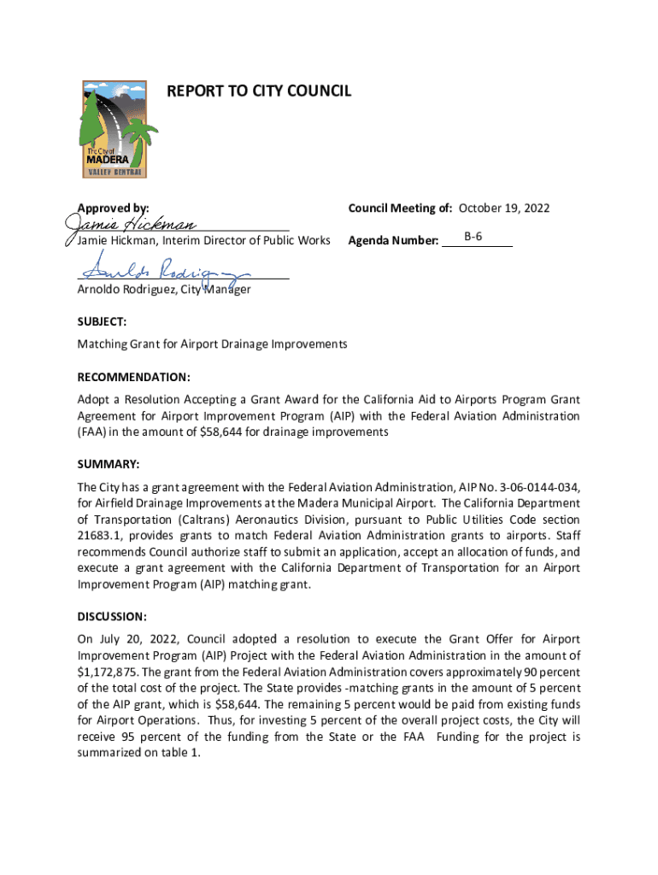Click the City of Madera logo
click(x=114, y=129)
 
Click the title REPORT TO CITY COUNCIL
click(x=258, y=91)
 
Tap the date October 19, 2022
click(x=504, y=208)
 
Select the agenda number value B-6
click(x=474, y=235)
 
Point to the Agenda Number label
click(x=393, y=241)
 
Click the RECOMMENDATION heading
click(x=133, y=377)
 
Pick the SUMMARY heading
click(x=108, y=464)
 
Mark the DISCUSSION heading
click(x=112, y=616)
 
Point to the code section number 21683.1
click(x=104, y=535)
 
